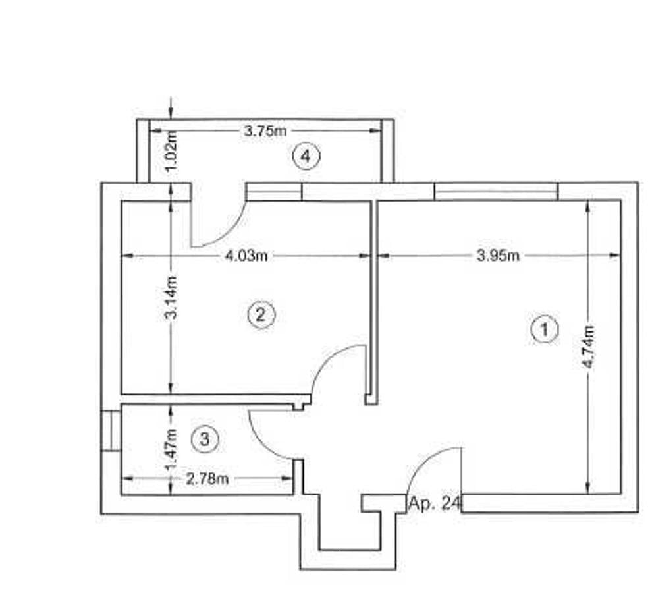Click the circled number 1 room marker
[x=544, y=329]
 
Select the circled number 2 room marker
[x=261, y=314]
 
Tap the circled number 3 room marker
[x=205, y=439]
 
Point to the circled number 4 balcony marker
[x=306, y=156]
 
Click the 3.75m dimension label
[x=265, y=131]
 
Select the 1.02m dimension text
[x=172, y=151]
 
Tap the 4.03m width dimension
[x=246, y=256]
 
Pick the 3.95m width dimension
[x=498, y=255]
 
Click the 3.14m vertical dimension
[x=171, y=297]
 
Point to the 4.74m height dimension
[x=589, y=347]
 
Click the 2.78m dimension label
[x=207, y=479]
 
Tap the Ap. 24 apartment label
[x=435, y=503]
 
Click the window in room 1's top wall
[x=496, y=192]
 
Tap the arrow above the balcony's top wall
[x=171, y=107]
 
